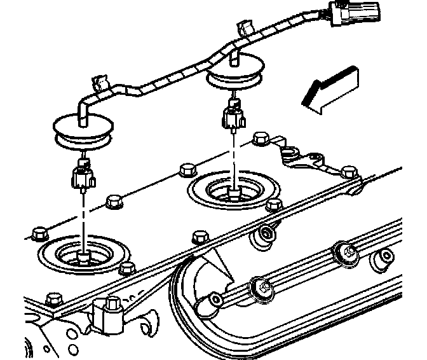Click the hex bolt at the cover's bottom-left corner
tap(55, 299)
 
